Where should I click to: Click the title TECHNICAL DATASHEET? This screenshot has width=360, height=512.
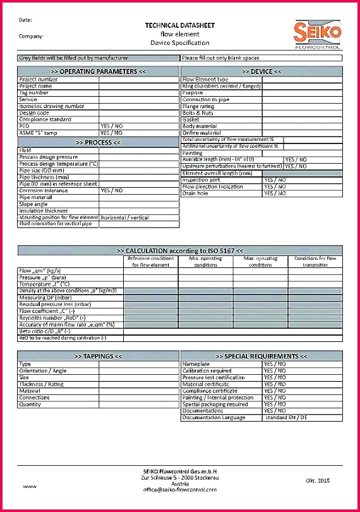180,25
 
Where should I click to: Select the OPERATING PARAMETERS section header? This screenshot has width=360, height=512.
98,71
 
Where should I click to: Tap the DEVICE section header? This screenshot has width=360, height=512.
261,71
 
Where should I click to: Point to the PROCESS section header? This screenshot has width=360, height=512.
98,142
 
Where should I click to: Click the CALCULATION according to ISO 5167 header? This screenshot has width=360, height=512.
180,250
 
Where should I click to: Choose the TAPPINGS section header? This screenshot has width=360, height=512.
98,357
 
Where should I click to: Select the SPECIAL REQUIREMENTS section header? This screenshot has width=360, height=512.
261,357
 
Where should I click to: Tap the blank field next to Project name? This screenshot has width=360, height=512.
139,86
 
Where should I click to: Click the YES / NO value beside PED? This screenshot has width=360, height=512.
112,126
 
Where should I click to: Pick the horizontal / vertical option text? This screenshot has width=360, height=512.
125,217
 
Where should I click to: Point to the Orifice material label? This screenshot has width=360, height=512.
201,133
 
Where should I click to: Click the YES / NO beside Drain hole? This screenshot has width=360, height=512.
275,193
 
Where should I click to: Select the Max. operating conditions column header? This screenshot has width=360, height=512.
260,262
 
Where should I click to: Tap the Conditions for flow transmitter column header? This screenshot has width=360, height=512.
315,262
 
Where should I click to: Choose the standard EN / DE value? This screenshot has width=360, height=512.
286,418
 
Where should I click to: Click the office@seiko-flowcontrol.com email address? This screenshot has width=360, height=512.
180,489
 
